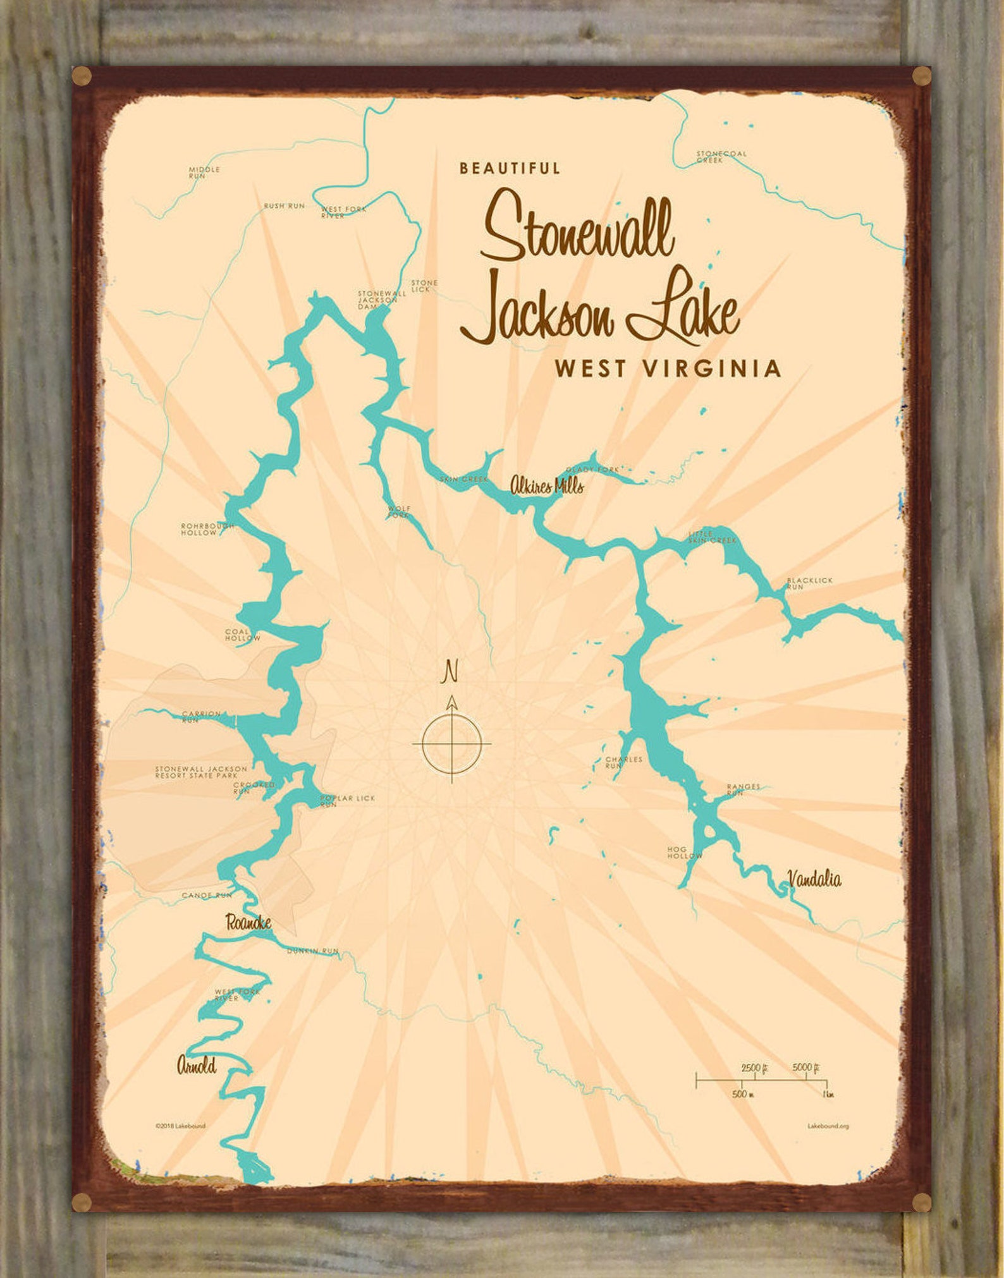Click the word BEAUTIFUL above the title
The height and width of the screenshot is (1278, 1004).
tap(510, 168)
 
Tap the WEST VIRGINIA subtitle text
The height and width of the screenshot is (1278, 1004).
tap(667, 368)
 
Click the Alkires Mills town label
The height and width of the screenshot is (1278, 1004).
tap(547, 485)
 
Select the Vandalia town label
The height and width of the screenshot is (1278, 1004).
tap(814, 879)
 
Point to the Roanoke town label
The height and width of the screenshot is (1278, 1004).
tap(248, 923)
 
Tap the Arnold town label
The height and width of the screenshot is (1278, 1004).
tap(197, 1066)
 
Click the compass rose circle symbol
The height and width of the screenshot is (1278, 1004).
tap(451, 743)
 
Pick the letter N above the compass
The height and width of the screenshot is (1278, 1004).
tap(451, 671)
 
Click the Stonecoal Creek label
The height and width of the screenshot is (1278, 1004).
tap(721, 157)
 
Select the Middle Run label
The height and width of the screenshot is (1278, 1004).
tap(204, 172)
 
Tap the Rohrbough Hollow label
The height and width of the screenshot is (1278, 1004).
tap(207, 529)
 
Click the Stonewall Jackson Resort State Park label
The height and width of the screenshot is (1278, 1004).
tap(197, 772)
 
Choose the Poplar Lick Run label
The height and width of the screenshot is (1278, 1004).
tap(346, 801)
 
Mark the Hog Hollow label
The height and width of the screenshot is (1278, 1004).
tap(685, 852)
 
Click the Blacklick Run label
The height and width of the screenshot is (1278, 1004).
tap(809, 583)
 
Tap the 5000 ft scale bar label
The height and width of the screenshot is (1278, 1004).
tap(805, 1068)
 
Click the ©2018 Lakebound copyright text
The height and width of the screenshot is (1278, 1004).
tap(180, 1126)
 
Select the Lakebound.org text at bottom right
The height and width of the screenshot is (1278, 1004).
tap(828, 1126)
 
